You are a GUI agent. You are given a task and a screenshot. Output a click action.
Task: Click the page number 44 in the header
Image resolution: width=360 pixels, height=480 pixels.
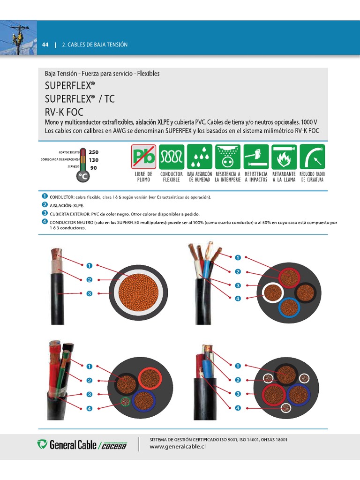coord(45,45)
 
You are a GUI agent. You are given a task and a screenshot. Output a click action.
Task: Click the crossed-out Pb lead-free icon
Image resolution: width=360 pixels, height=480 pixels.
coord(143,157)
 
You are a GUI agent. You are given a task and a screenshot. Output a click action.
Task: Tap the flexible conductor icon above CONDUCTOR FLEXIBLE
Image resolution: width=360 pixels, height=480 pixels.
coord(172,157)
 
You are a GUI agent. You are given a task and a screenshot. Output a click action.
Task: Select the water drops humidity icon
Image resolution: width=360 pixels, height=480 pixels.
coord(200,157)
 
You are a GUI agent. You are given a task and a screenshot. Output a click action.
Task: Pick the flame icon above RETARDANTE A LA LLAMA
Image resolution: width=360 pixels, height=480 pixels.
coord(284,157)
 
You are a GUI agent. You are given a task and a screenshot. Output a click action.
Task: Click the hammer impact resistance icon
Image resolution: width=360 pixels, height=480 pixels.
coord(256,157)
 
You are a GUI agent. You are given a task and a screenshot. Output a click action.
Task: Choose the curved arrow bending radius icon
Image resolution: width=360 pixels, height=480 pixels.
coord(312,157)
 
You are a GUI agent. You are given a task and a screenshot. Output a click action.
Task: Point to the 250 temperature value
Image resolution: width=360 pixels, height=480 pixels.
coord(93,152)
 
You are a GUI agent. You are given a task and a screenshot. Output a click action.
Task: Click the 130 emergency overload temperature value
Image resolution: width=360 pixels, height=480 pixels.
coord(93,160)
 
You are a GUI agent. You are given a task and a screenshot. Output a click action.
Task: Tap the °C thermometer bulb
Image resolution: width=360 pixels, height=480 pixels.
coord(83,176)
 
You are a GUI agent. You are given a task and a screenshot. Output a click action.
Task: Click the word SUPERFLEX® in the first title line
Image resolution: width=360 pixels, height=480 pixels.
coord(70,86)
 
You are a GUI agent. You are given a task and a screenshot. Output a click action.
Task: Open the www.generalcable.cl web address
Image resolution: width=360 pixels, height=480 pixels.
coord(178,447)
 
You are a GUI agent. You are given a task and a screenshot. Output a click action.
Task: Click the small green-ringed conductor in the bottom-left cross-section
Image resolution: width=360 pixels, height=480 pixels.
coord(125,402)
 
